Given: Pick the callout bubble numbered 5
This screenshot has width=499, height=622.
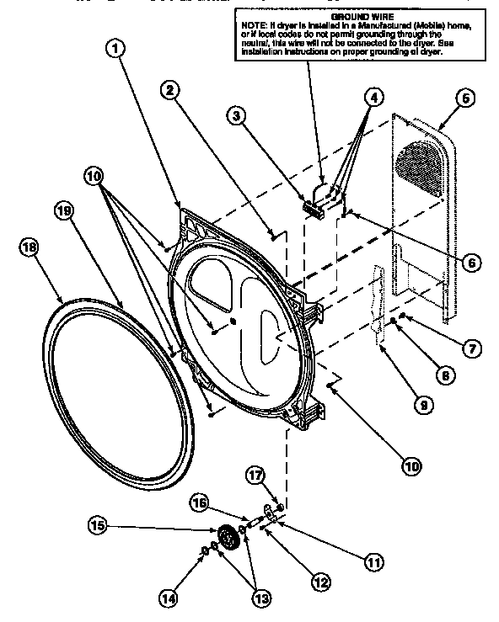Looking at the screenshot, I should (462, 98).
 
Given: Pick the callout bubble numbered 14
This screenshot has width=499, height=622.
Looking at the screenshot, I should (169, 598).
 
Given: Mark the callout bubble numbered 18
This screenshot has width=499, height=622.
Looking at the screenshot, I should (27, 247).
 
